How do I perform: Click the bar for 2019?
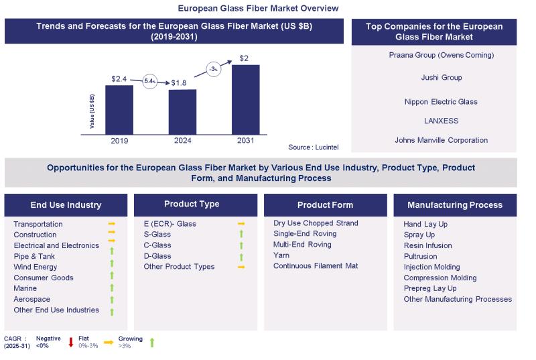pos(119,109)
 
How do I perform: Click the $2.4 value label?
pos(119,79)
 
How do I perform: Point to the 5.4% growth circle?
pos(149,81)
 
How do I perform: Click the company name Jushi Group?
pos(435,78)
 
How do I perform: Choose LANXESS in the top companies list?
pos(435,121)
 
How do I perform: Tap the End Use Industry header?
pos(66,205)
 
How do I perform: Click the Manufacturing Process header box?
pos(454,205)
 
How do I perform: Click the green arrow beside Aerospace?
pos(112,300)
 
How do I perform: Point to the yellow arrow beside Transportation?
pos(112,224)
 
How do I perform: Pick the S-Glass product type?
pos(157,235)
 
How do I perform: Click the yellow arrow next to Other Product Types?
pos(241,267)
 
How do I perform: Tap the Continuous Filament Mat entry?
pos(316,266)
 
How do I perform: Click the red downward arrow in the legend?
pos(70,343)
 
